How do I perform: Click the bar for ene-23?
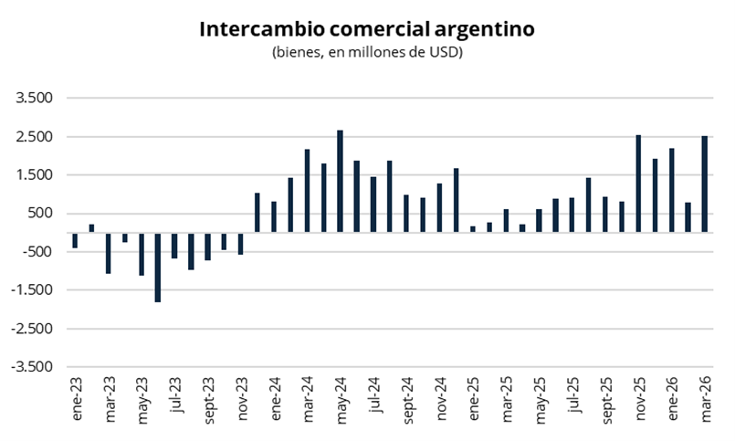click(75, 240)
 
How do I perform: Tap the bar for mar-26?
click(705, 184)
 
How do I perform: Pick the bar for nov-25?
click(638, 184)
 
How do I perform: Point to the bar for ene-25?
click(473, 229)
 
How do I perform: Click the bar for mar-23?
click(108, 252)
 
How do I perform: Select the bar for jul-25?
click(572, 215)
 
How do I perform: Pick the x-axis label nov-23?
click(241, 398)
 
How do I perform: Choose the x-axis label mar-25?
click(506, 398)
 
